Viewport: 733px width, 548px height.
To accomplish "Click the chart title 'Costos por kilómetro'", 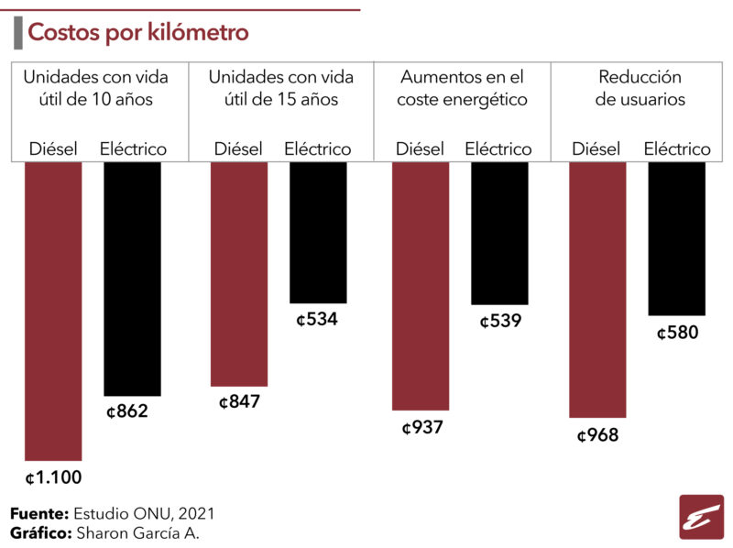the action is point(138,32).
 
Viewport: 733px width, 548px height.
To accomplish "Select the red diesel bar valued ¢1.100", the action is point(53,312).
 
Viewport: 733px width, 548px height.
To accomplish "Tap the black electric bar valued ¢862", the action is point(132,279).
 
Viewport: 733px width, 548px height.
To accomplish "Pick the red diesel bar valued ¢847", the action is point(239,275).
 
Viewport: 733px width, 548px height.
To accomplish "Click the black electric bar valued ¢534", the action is point(318,233).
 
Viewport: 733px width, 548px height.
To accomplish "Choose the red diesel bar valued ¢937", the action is point(421,286).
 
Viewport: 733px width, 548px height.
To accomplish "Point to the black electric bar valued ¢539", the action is point(499,234).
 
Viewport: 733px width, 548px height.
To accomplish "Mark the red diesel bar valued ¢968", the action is point(597,290).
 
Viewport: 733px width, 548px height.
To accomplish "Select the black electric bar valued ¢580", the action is point(676,239).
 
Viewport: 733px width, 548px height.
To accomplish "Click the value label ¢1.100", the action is point(54,477).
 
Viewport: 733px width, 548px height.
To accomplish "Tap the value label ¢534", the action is point(317,319).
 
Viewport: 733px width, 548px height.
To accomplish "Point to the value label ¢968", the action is point(598,435).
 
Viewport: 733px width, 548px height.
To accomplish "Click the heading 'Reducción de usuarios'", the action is point(640,88).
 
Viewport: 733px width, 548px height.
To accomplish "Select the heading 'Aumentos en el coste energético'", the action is point(462,88).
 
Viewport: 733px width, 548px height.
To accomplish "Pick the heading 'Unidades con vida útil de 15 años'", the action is point(281,88).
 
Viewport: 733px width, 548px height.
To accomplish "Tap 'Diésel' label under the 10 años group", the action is point(53,148).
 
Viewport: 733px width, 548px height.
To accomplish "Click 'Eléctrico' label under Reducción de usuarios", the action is point(677,148).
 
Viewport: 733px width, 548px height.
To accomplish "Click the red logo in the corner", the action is point(701,517).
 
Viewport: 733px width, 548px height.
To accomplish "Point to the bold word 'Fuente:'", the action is point(39,513).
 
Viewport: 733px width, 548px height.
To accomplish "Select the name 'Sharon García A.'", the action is point(138,533).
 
